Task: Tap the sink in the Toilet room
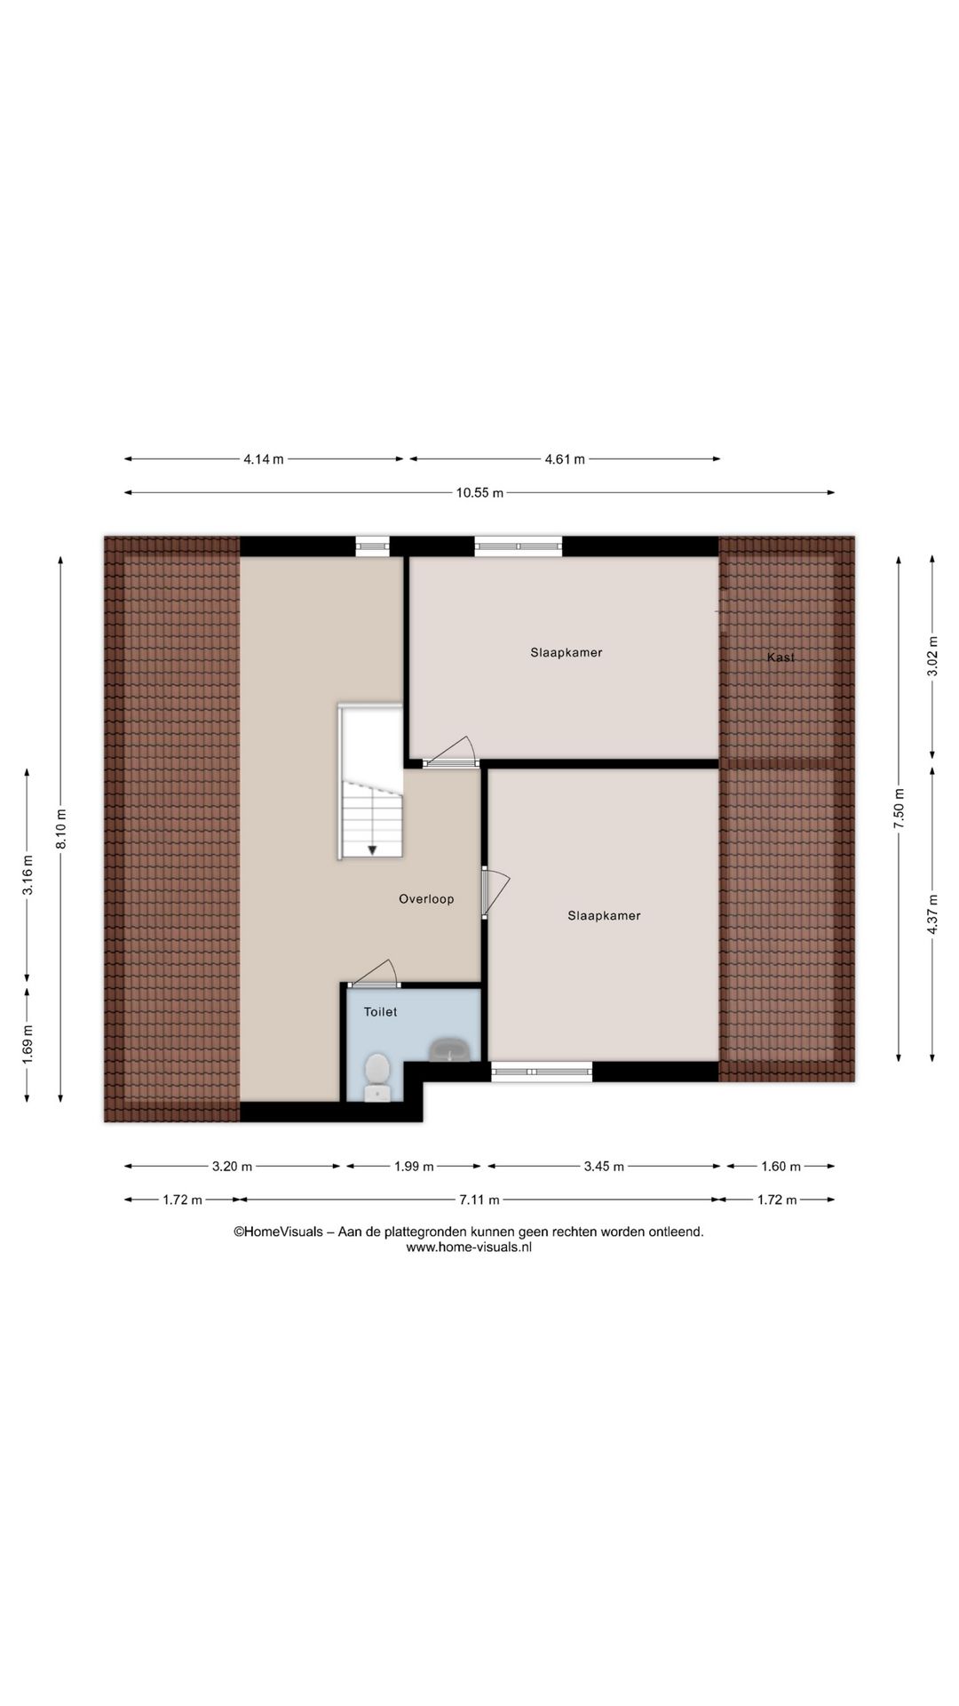[x=452, y=1050]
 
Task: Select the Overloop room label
[x=426, y=899]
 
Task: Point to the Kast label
[x=781, y=658]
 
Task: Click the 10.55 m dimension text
[x=479, y=493]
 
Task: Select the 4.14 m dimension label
[x=264, y=459]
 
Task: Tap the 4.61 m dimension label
[x=565, y=459]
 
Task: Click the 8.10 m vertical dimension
[x=61, y=828]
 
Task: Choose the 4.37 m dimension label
[x=931, y=913]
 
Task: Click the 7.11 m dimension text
[x=479, y=1200]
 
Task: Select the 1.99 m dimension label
[x=414, y=1167]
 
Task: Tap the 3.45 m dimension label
[x=604, y=1167]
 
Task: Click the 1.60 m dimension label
[x=781, y=1167]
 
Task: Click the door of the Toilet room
[x=374, y=984]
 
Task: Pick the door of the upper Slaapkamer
[x=450, y=761]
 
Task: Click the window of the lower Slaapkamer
[x=542, y=1072]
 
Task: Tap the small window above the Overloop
[x=373, y=546]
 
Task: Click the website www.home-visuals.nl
[x=469, y=1247]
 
